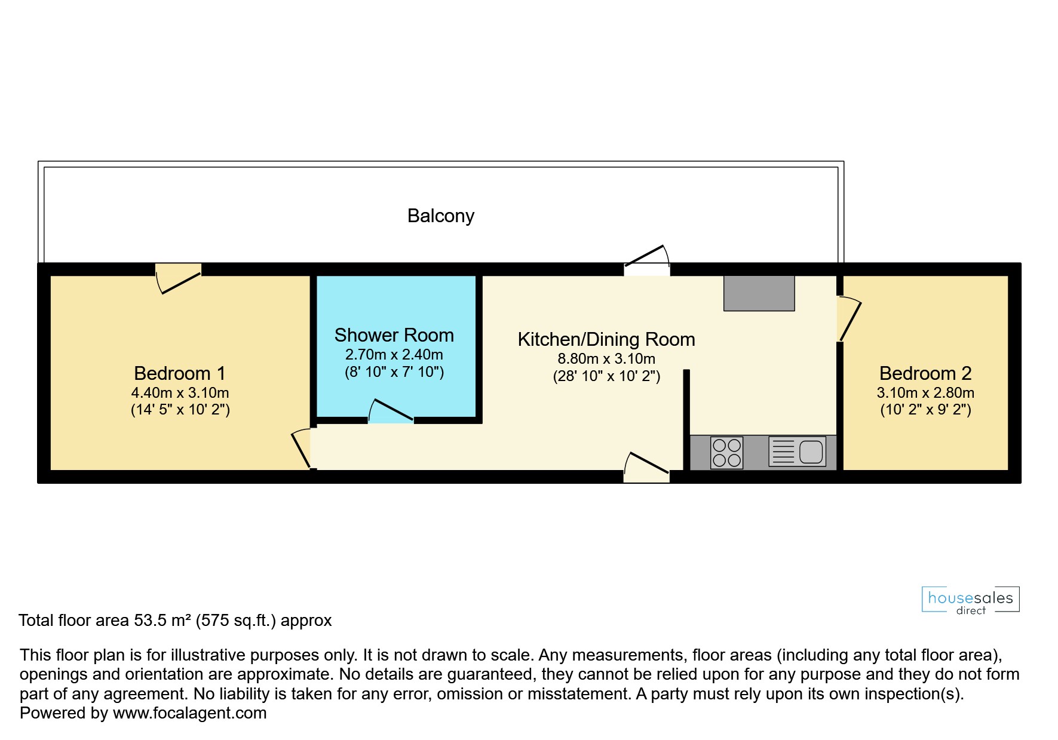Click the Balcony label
click(x=441, y=216)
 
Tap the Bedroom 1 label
click(x=180, y=373)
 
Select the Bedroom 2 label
click(x=925, y=373)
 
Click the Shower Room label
click(x=394, y=335)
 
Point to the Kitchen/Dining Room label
click(x=606, y=339)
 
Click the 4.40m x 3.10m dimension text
click(x=180, y=393)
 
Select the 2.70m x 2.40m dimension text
click(x=394, y=355)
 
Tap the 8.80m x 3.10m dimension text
click(x=606, y=359)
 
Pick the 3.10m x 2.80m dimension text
click(x=925, y=393)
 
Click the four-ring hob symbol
click(x=727, y=453)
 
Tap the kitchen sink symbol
click(x=797, y=452)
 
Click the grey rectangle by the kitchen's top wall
click(x=759, y=293)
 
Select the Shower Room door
click(x=391, y=411)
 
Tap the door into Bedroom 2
click(x=849, y=319)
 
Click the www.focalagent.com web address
click(x=190, y=713)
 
